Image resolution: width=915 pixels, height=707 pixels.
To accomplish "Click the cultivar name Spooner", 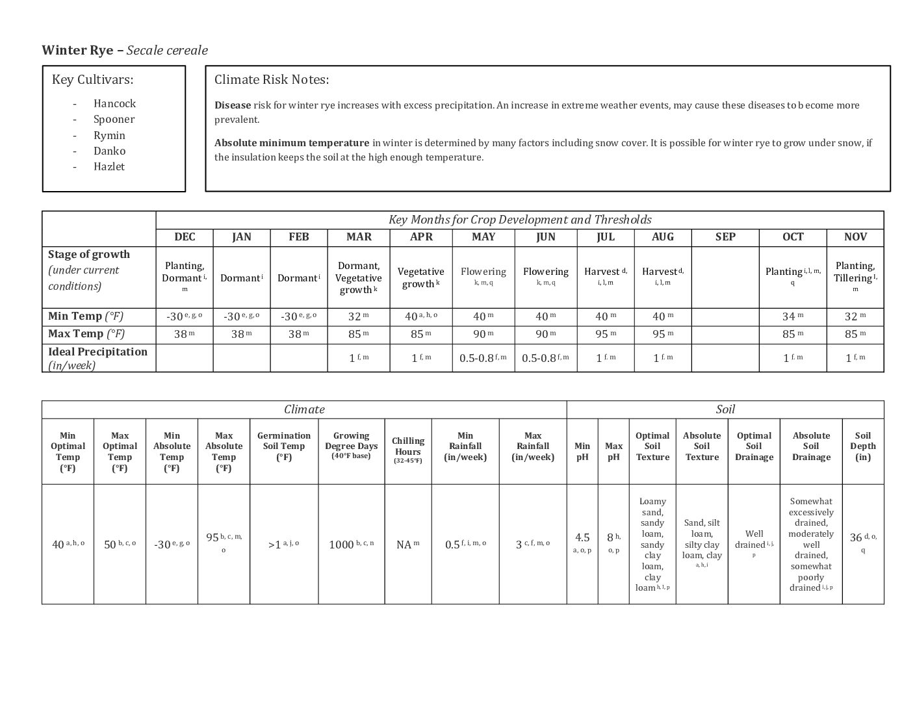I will coord(114,119).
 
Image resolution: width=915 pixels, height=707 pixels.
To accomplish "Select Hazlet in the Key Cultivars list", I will coord(109,166).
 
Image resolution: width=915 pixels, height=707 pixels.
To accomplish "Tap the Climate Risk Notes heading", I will coord(272,80).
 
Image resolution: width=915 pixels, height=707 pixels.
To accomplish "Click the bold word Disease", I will coord(233,105).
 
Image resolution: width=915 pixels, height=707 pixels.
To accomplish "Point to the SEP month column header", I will coord(725,237).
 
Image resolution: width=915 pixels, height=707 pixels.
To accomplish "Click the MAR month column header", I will coord(359,237).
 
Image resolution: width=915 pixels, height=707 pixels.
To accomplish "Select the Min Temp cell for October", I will coord(792,316).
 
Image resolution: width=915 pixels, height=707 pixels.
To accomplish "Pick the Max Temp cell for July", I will coord(605,334).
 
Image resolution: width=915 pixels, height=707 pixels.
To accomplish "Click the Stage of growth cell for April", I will coord(421,277).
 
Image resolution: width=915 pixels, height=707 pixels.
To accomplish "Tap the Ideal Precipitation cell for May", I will coord(483,358).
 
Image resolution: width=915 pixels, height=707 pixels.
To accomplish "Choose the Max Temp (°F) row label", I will coord(86,334).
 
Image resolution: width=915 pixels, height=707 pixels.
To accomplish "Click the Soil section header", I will coord(725,409).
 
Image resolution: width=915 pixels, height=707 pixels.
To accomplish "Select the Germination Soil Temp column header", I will coord(284,446).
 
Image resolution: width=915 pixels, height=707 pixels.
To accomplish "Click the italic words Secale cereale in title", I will coord(167,51).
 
